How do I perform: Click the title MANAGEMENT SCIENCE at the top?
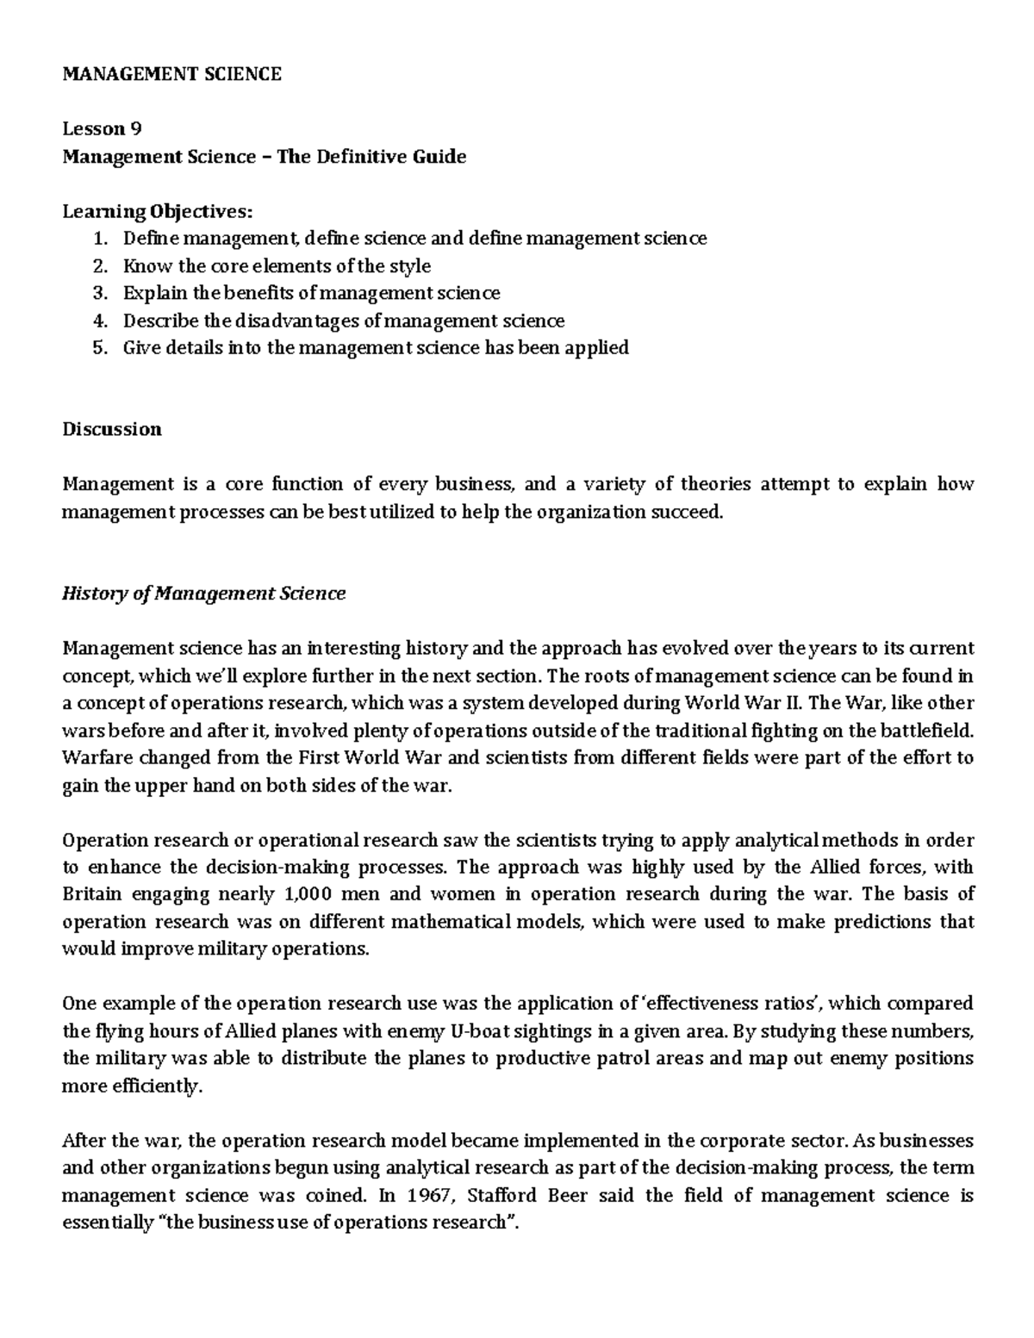(171, 74)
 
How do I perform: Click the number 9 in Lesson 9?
(135, 129)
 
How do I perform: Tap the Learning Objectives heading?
(158, 211)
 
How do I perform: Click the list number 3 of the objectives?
(101, 293)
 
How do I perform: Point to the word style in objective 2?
(410, 265)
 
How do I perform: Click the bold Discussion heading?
(111, 429)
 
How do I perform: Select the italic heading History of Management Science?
(203, 594)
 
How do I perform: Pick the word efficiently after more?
(156, 1086)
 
